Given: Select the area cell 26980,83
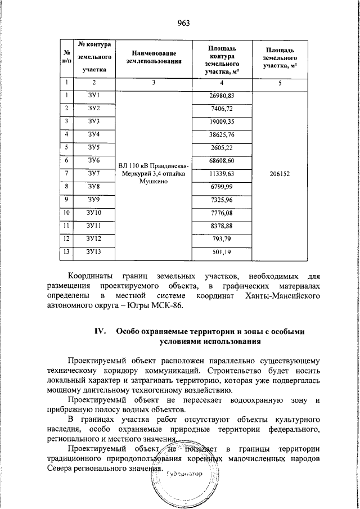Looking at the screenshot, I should (x=222, y=96).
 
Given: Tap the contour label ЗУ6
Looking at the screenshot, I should (x=94, y=160).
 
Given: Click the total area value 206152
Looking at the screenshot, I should (x=280, y=174).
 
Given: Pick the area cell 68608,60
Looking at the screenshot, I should (x=222, y=161).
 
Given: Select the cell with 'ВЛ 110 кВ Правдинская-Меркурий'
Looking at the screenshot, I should (x=154, y=174).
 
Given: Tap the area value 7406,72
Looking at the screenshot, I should (x=222, y=109).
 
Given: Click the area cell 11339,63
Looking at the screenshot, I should (x=222, y=174).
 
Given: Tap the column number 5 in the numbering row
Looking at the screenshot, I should (x=280, y=83).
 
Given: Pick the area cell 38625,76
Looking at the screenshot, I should (x=222, y=135).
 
